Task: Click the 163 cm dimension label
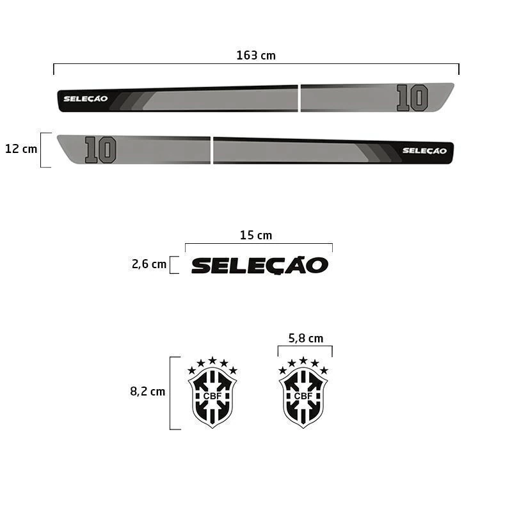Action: coord(256,56)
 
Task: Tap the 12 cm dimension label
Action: coord(21,149)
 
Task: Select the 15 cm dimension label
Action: coord(256,235)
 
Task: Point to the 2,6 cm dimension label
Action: coord(149,264)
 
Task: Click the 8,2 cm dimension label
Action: coord(148,391)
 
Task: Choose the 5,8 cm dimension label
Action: coord(306,339)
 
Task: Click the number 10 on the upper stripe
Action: coord(412,98)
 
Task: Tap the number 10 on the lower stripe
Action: coord(100,150)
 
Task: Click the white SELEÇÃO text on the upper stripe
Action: coord(86,99)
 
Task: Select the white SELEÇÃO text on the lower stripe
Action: coord(424,150)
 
